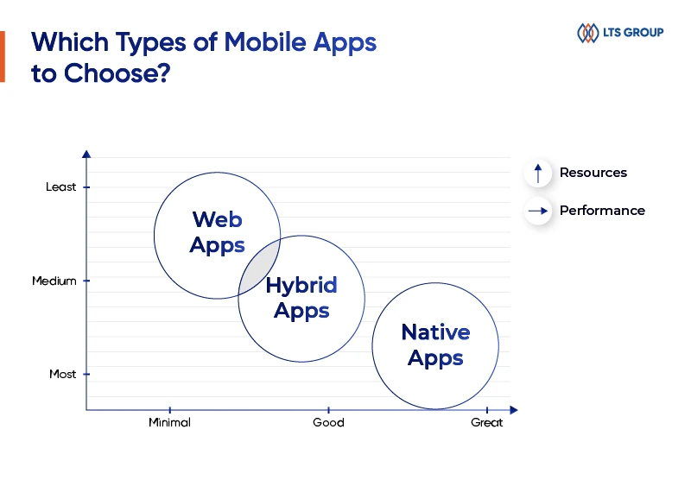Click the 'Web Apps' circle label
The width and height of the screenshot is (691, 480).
[x=217, y=232]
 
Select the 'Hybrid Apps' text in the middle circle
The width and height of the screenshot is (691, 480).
[x=301, y=298]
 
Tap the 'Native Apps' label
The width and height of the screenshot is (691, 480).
[x=435, y=344]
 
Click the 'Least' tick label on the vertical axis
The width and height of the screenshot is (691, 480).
[x=61, y=186]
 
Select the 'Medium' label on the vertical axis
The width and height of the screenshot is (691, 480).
[x=54, y=281]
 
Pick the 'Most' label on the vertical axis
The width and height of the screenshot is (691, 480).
[x=62, y=374]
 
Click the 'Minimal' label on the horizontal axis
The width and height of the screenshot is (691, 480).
[x=169, y=422]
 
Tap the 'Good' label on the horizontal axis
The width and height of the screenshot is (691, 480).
[x=328, y=422]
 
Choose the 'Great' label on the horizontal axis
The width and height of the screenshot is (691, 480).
[x=486, y=422]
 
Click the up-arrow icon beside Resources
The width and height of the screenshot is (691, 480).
[x=538, y=173]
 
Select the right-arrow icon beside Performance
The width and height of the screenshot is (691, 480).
[x=538, y=211]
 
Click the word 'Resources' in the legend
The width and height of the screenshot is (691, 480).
[x=593, y=173]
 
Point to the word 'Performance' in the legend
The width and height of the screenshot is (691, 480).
[x=602, y=211]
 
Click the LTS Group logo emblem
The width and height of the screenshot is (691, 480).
[x=587, y=33]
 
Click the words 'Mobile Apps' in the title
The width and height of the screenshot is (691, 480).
[x=300, y=42]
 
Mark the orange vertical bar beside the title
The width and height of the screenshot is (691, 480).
[x=3, y=57]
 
